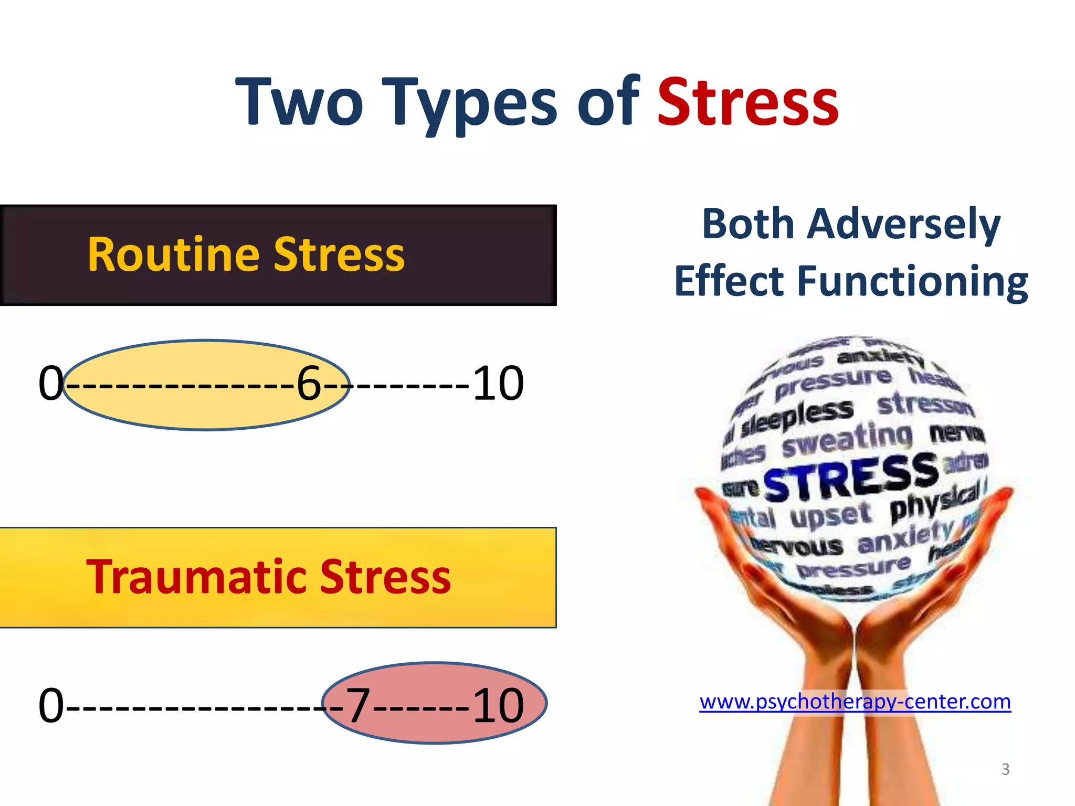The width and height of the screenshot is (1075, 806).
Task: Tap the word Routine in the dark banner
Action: tap(173, 255)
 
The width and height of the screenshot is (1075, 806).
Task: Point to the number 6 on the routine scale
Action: tap(309, 384)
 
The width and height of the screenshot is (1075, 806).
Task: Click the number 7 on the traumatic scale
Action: tap(358, 705)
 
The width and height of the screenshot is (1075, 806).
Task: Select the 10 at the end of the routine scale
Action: tap(498, 384)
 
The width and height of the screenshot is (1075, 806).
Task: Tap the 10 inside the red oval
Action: tap(498, 705)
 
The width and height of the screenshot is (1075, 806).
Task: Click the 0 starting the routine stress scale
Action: tap(51, 384)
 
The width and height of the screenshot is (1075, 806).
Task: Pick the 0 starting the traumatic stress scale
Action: tap(51, 705)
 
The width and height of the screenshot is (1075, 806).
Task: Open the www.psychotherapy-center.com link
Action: tap(855, 702)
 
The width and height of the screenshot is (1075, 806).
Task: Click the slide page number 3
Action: tap(1005, 769)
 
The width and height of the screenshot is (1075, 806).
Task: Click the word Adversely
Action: tap(904, 224)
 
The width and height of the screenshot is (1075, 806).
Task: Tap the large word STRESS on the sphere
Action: tap(850, 476)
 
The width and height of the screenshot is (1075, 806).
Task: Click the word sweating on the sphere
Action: tap(847, 440)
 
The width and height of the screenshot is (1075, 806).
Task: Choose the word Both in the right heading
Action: tap(749, 224)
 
